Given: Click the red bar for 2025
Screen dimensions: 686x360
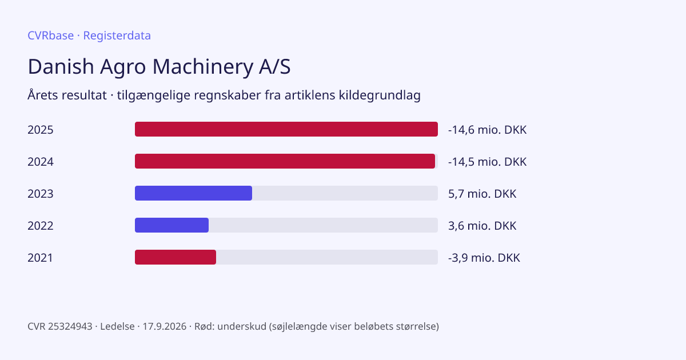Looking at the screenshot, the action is [x=286, y=129].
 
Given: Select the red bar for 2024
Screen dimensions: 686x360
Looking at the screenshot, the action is [x=285, y=161].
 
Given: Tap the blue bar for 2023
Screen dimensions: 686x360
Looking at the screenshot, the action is [x=194, y=193].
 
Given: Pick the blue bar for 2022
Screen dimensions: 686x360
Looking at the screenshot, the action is [x=172, y=225].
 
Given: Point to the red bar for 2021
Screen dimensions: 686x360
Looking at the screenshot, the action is [x=176, y=257].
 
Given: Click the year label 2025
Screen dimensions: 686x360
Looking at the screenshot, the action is [x=41, y=130].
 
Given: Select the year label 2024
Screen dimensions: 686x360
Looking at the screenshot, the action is [x=41, y=162].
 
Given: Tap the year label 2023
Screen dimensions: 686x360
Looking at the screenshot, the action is [x=41, y=194].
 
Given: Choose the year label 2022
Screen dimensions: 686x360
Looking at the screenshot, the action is [x=41, y=226].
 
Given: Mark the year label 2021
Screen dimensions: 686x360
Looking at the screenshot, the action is [x=40, y=258].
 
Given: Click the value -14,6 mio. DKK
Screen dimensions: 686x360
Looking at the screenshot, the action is [x=487, y=130].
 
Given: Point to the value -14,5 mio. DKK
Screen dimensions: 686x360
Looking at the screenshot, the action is [x=487, y=162].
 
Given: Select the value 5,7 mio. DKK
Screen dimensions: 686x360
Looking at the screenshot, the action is [x=482, y=194].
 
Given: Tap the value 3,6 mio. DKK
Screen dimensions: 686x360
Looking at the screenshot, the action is [x=482, y=226].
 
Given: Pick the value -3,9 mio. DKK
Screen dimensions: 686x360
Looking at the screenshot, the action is [x=484, y=258].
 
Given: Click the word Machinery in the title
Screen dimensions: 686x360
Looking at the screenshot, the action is [x=202, y=67].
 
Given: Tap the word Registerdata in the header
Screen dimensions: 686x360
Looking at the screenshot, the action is [x=117, y=36].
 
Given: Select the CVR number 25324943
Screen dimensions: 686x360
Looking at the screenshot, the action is [x=70, y=326].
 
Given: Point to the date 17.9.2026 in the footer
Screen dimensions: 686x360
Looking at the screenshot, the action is [x=165, y=326].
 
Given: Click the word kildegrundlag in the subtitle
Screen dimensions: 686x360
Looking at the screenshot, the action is [x=380, y=95].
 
